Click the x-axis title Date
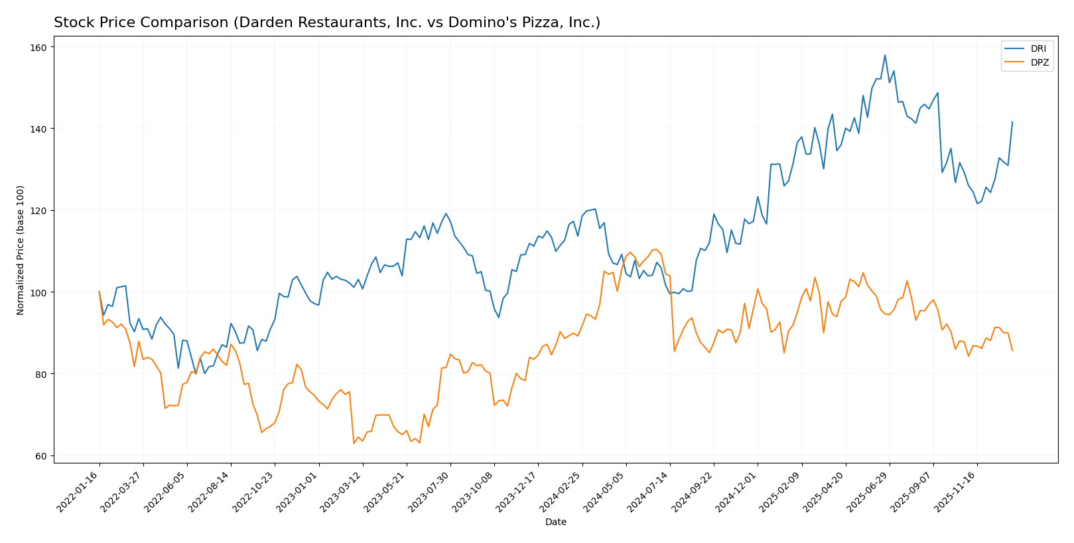[x=555, y=522]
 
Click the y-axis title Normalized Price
[x=21, y=250]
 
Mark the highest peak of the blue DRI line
[x=885, y=55]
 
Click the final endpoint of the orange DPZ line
[x=1012, y=351]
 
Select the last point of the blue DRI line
[x=1012, y=122]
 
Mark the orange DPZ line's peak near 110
[x=654, y=250]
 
